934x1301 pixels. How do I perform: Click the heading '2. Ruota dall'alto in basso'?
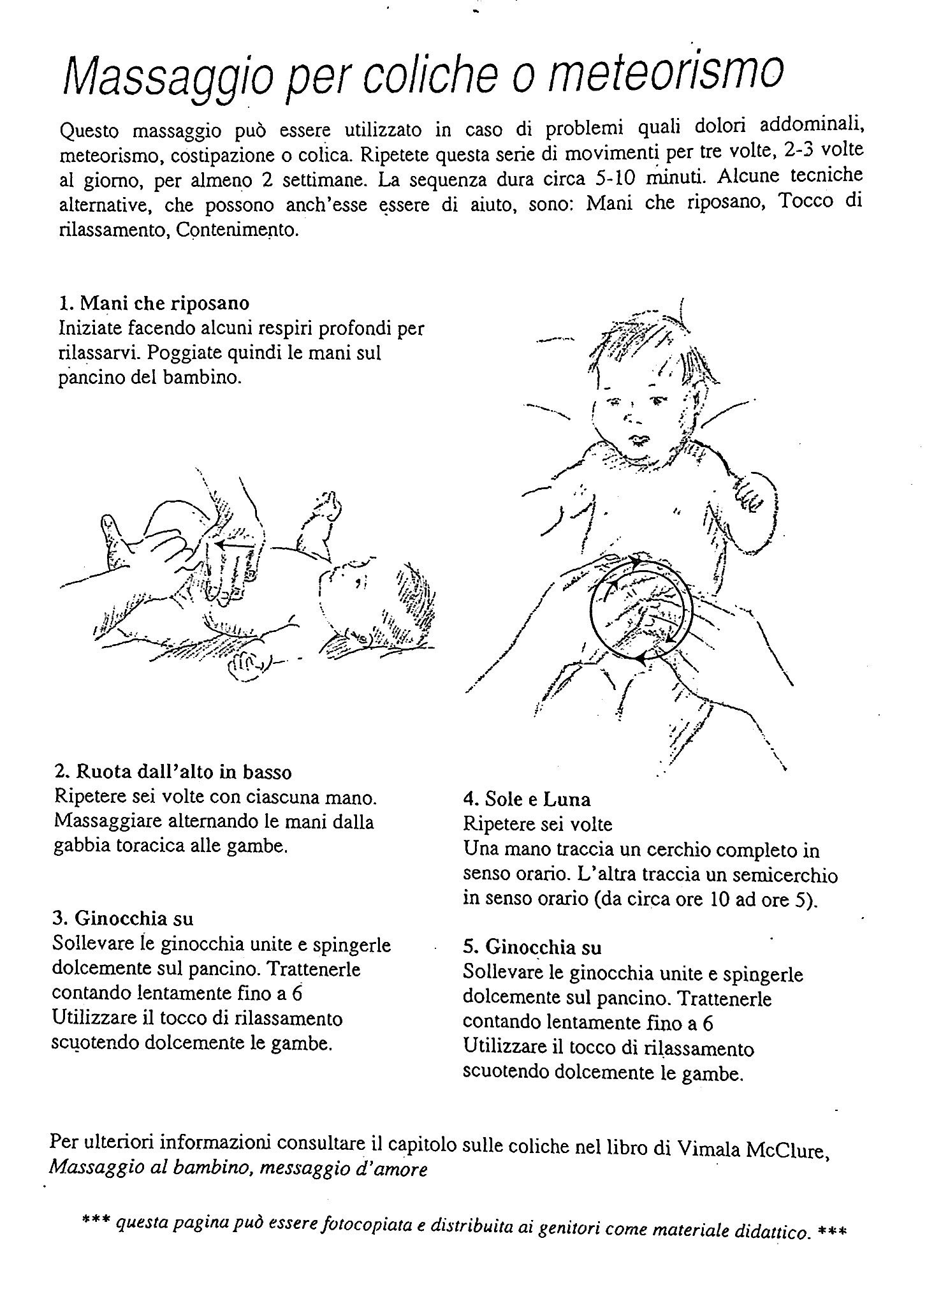pos(173,772)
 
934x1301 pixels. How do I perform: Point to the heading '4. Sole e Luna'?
pos(527,799)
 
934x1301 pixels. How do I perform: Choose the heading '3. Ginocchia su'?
pos(122,918)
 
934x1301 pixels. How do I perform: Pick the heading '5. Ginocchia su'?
pos(532,947)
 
